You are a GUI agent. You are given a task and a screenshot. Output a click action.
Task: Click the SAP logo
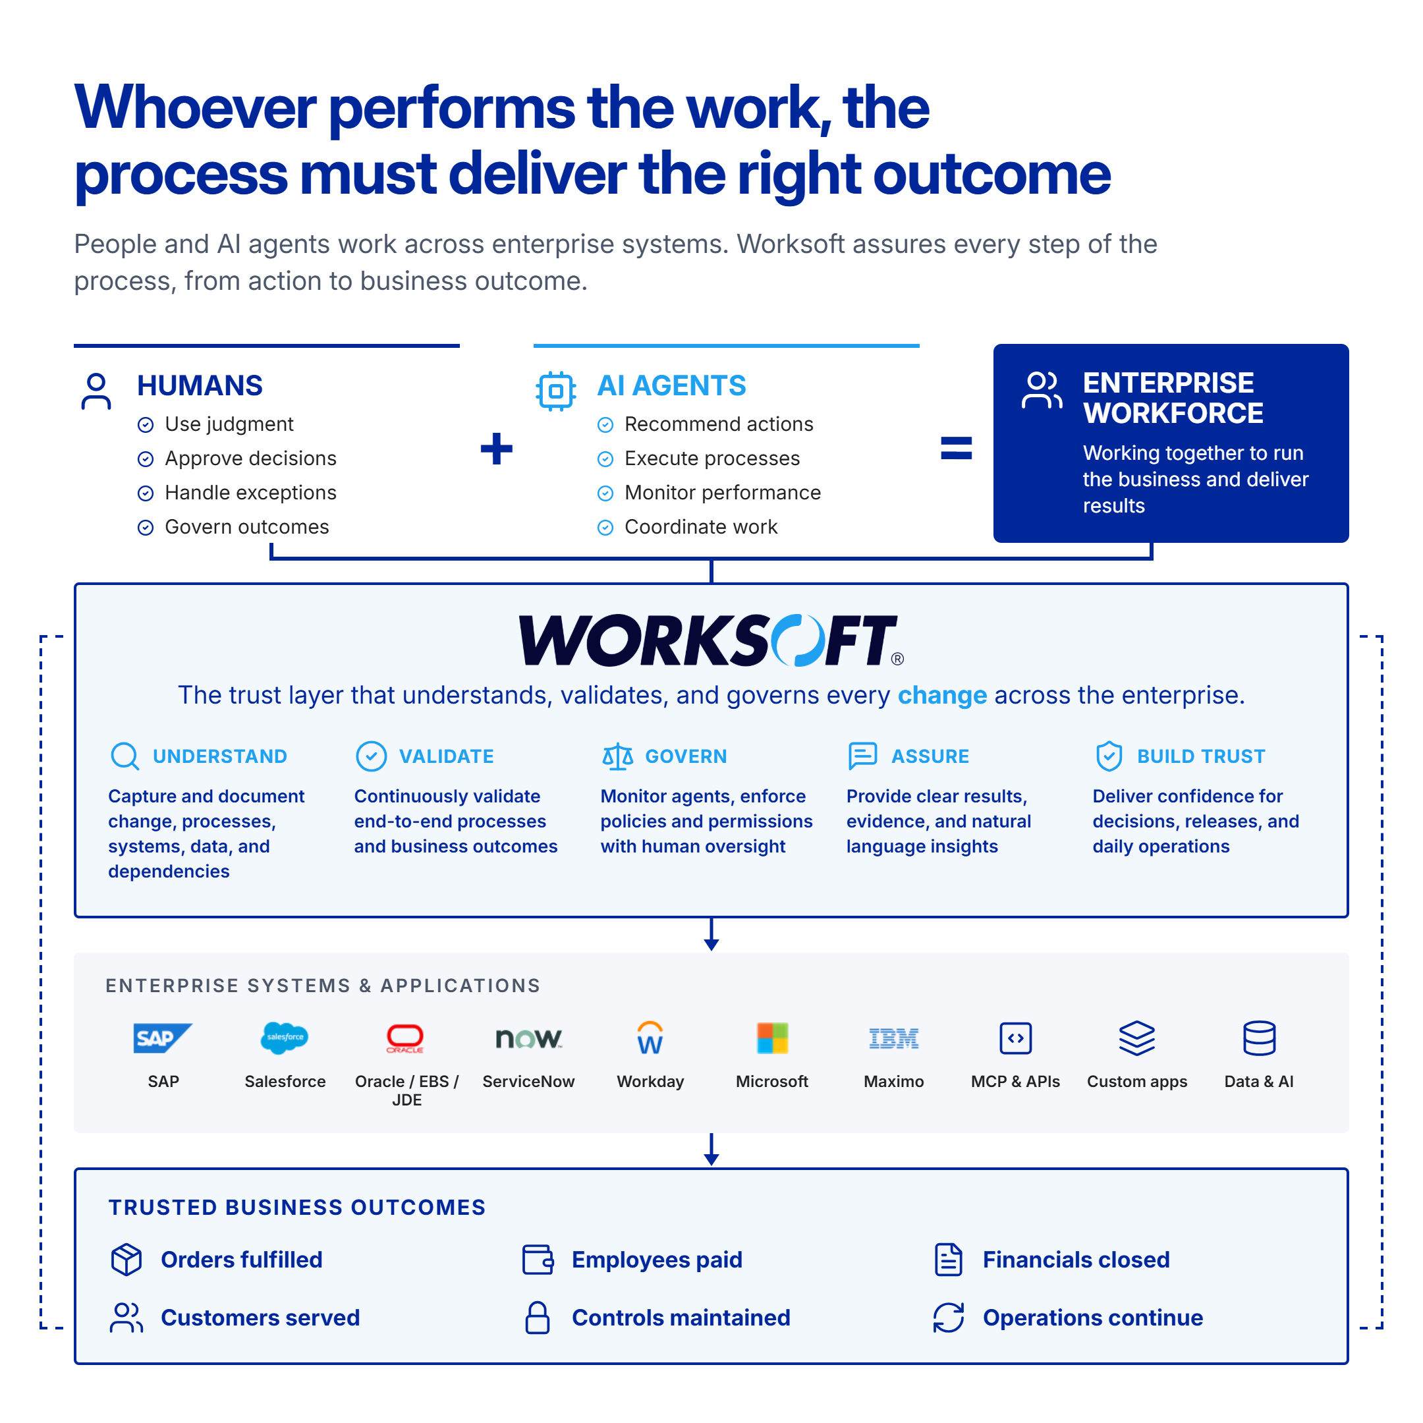163,1038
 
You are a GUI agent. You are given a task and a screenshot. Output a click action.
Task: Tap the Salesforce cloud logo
285,1038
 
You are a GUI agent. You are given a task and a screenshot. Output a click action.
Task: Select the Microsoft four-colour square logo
772,1038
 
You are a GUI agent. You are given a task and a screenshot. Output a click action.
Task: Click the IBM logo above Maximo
893,1038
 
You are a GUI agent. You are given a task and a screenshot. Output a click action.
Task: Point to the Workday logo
650,1037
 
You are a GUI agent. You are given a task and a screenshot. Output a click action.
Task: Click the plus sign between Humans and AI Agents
497,449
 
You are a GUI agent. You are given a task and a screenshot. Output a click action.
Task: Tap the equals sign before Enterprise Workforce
956,448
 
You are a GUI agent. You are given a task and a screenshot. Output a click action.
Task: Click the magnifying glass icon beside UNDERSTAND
125,756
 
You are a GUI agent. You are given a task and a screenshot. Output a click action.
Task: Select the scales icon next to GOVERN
617,756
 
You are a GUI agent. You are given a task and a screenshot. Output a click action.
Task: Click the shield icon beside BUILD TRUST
1109,756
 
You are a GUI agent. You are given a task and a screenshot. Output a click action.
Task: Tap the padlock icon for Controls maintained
538,1318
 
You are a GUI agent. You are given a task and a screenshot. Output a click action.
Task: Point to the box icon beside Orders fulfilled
126,1260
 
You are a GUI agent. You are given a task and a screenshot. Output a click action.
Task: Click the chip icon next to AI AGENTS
556,391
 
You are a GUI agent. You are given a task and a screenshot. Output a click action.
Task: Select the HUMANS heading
200,386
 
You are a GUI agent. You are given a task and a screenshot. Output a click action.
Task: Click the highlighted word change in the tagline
942,695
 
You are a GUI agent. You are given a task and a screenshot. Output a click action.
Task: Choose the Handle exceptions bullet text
250,493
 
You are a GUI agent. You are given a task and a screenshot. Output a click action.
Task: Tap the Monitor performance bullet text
723,493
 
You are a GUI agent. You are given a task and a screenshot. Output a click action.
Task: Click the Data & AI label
1259,1081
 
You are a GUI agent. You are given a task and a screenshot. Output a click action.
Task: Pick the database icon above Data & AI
1259,1038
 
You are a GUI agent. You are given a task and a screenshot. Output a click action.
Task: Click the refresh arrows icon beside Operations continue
949,1318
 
